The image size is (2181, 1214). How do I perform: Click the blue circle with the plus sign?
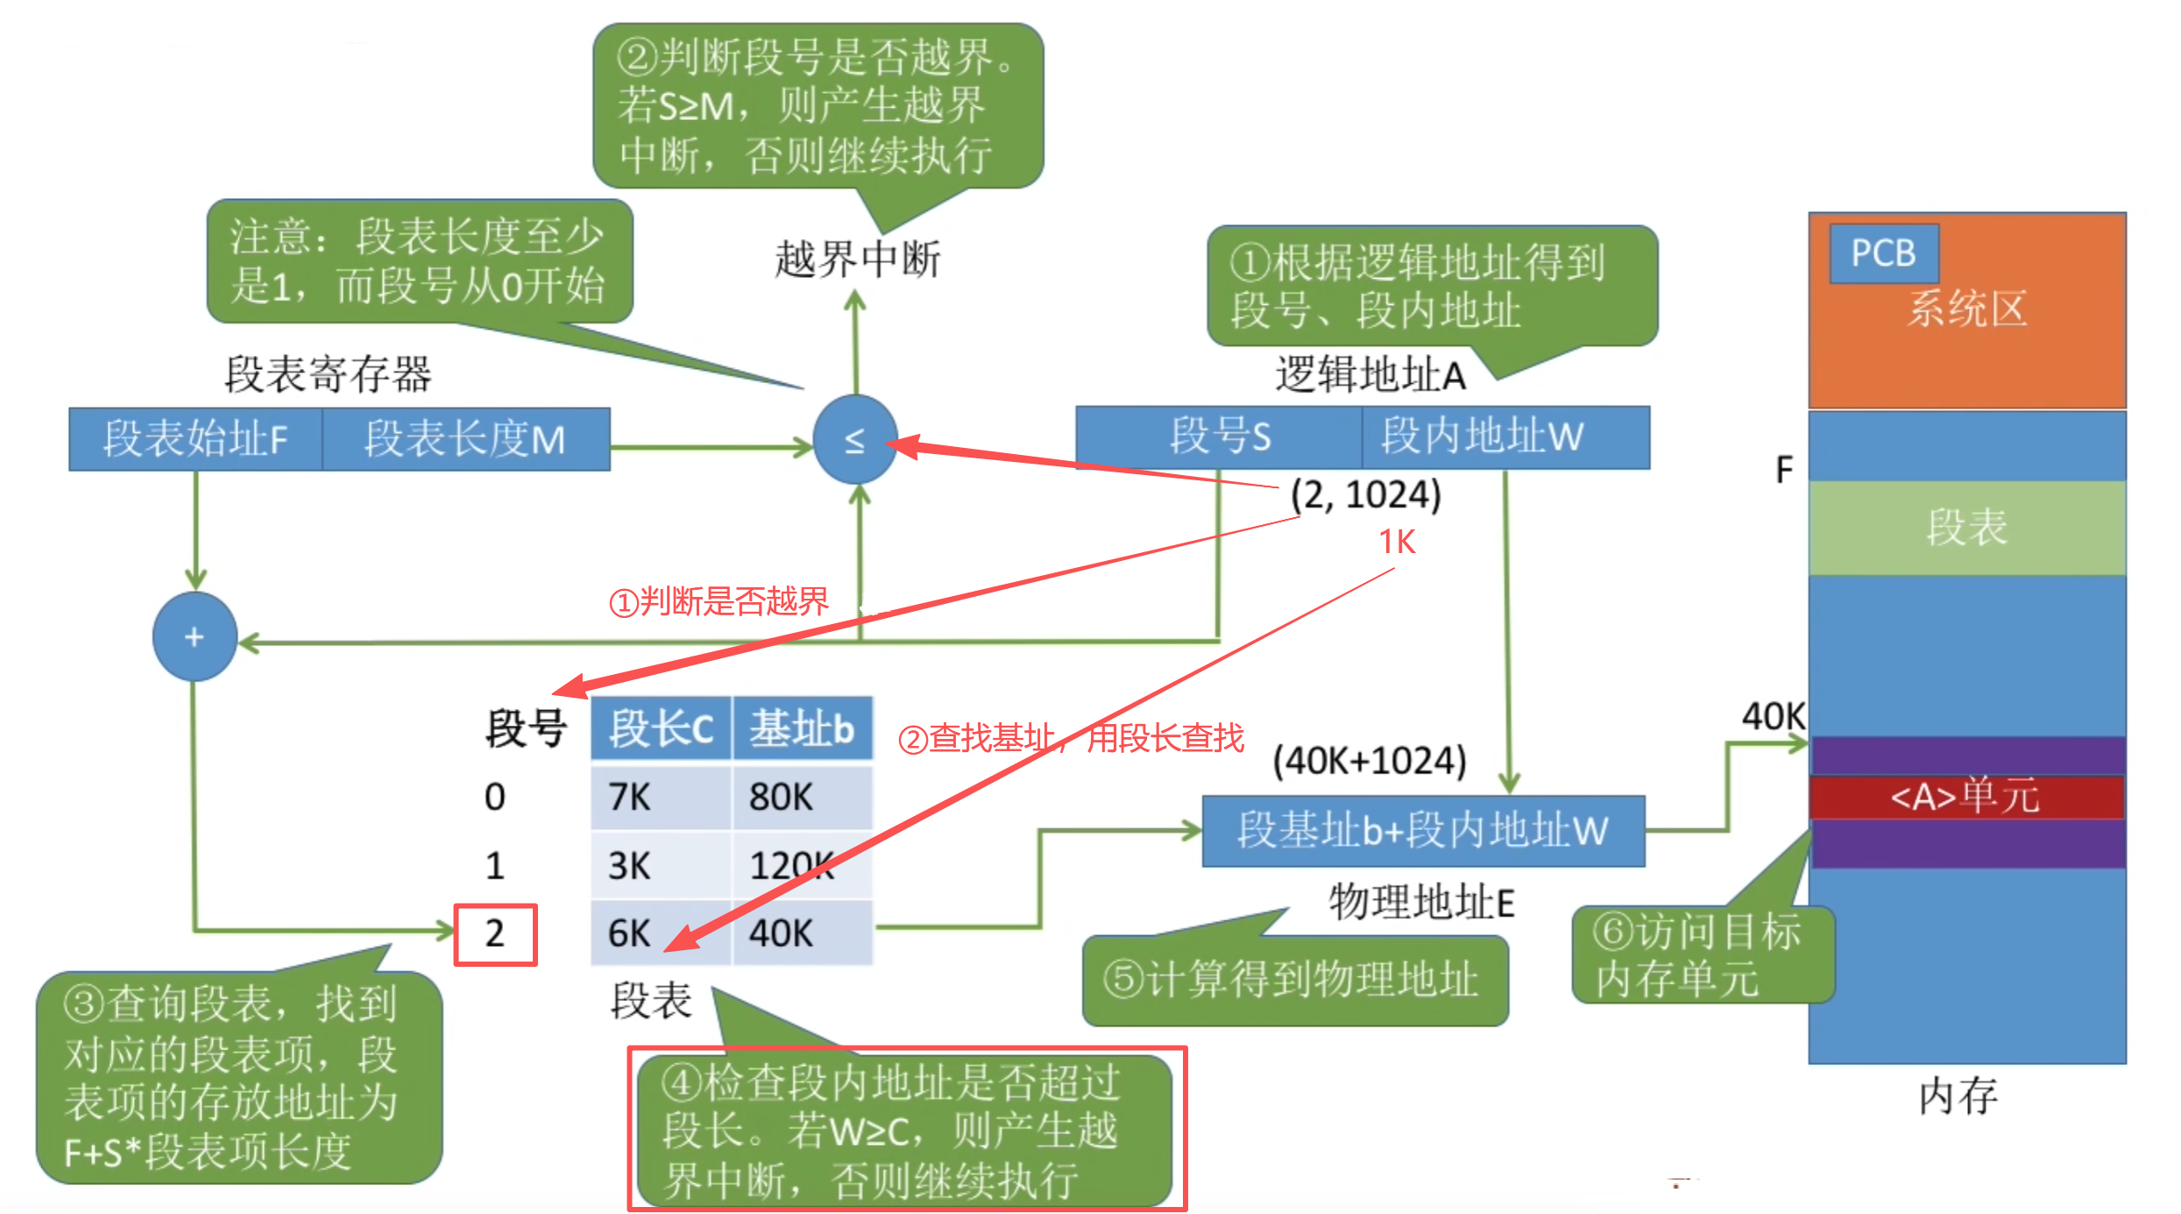click(195, 636)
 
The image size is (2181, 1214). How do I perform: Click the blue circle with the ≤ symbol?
click(854, 440)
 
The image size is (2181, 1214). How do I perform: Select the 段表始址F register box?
click(195, 439)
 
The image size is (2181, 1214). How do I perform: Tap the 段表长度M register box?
click(465, 439)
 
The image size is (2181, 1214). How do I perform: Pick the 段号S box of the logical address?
click(1219, 437)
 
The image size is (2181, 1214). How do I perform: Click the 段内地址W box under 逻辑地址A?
click(1505, 437)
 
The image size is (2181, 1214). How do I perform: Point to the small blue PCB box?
click(1883, 253)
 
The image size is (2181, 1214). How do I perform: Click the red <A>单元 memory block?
click(1966, 797)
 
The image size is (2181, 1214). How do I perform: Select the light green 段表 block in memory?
click(1966, 528)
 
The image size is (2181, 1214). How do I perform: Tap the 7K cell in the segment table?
click(660, 797)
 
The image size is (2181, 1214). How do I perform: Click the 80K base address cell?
click(801, 797)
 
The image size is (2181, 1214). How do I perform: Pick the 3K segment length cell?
click(660, 866)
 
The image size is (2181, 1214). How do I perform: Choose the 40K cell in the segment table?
click(801, 934)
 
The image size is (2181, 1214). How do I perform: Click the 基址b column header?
click(801, 728)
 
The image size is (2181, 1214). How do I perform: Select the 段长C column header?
click(661, 728)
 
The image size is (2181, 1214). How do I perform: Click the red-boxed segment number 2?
click(495, 934)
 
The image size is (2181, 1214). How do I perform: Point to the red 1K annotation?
click(1397, 542)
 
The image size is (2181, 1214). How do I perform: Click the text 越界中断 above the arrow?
click(857, 259)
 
